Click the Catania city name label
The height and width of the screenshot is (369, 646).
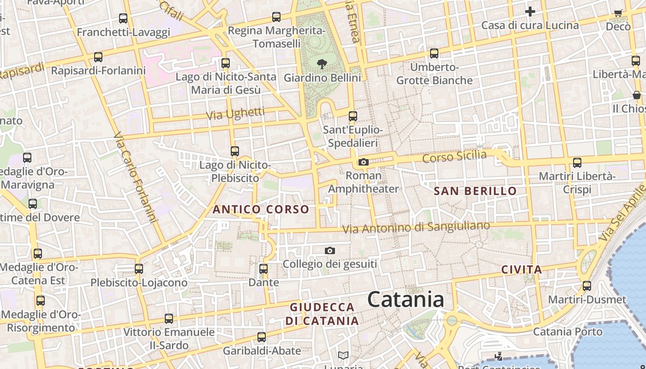point(406,300)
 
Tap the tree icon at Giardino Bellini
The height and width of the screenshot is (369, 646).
point(322,64)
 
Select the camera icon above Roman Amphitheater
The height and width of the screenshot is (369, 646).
point(364,162)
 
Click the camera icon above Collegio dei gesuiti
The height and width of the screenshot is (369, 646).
point(329,250)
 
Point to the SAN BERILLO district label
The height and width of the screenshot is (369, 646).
point(475,191)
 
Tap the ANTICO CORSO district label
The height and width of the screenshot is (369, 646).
point(260,209)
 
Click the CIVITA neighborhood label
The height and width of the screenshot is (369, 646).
point(521,269)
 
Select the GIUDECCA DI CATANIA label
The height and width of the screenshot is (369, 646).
point(322,314)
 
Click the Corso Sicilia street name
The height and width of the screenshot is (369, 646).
point(454,156)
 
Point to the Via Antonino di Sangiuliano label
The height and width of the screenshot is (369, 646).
point(415,227)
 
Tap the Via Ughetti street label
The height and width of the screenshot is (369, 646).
point(235,113)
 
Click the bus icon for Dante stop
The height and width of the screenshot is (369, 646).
point(263,268)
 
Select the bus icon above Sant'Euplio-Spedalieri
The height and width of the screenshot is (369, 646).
point(353,116)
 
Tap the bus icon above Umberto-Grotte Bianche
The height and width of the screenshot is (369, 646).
point(434,54)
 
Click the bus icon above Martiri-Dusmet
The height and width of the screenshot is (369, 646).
point(586,286)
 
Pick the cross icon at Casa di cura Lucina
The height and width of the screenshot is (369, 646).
point(530,12)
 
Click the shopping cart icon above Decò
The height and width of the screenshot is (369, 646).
point(618,13)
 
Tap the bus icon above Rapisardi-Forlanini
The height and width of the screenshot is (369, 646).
point(98,57)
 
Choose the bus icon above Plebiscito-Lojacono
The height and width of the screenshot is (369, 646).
point(139,268)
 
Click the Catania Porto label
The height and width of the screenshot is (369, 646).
point(568,332)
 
